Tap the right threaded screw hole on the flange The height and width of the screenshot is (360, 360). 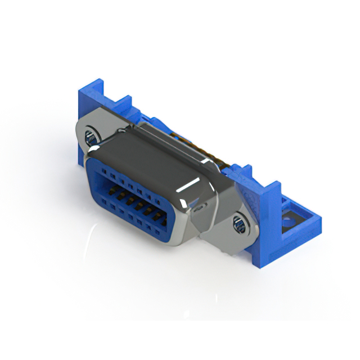point(238,225)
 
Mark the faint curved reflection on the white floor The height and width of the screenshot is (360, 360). point(90,247)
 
